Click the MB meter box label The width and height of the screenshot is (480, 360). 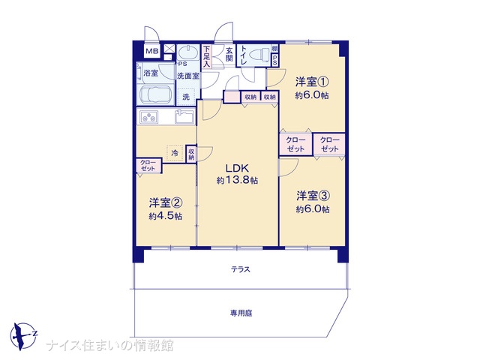[x=151, y=51]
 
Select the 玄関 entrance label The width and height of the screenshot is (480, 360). [x=229, y=54]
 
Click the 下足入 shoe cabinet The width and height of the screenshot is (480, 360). [x=207, y=56]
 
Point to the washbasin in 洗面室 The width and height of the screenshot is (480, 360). [x=188, y=52]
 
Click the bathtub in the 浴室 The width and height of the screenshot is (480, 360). [x=156, y=94]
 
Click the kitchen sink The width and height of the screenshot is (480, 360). [x=184, y=117]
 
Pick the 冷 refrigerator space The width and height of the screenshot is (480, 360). [x=175, y=153]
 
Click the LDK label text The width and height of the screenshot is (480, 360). [x=237, y=168]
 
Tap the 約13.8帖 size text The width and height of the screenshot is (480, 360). [x=237, y=181]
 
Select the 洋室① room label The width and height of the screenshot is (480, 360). [x=312, y=82]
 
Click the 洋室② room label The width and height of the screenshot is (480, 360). [x=166, y=202]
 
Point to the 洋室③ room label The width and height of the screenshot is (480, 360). [x=313, y=196]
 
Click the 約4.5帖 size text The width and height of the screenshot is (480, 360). [x=166, y=217]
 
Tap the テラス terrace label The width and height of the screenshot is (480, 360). [x=241, y=269]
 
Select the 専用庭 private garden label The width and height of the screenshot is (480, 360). [x=241, y=313]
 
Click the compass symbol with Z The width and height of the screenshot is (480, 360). [x=23, y=336]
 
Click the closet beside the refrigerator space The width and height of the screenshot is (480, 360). [x=191, y=154]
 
